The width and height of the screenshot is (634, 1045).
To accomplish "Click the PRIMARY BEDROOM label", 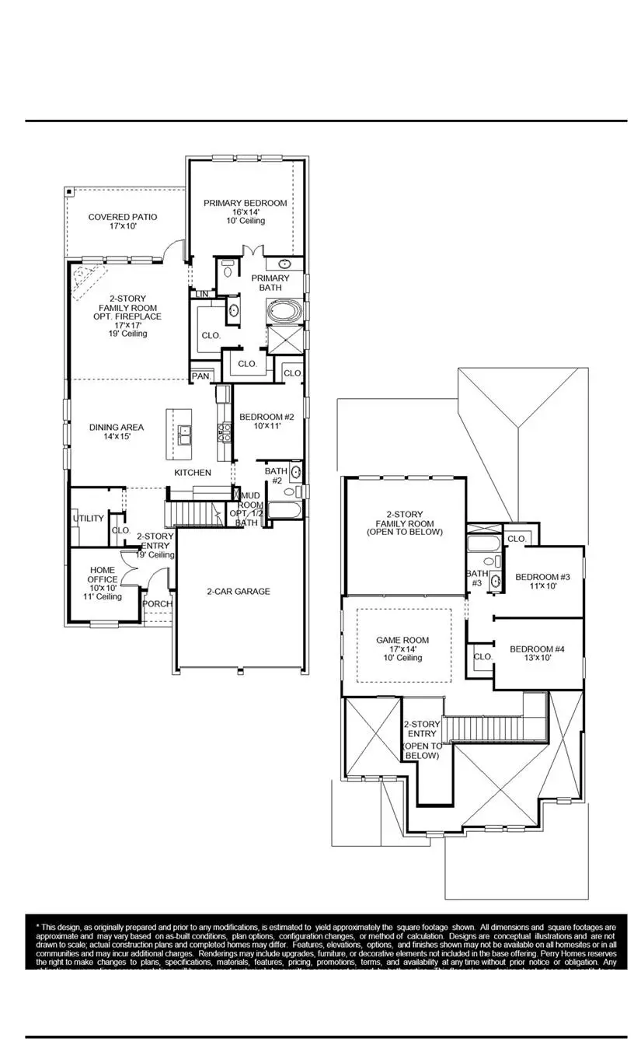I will [x=245, y=204].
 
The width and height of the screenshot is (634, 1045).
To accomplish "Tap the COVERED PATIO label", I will [x=123, y=218].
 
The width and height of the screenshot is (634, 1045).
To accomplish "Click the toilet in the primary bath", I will [x=228, y=269].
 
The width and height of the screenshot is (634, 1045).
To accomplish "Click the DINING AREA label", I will [x=117, y=427].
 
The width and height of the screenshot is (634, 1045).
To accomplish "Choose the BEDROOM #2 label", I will [x=266, y=417].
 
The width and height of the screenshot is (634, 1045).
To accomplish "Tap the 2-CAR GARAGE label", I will [x=239, y=592].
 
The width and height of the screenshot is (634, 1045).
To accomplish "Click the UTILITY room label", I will [x=88, y=519].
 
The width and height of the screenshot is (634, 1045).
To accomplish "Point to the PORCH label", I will [x=158, y=604].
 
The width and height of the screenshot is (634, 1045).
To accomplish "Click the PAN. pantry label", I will [x=200, y=376].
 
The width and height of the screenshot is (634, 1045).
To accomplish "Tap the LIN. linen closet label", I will [x=202, y=294].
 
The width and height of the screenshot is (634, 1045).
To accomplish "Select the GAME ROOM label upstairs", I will [x=402, y=641].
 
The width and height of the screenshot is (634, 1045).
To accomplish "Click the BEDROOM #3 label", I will [x=543, y=577].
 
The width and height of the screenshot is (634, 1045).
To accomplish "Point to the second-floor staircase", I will [x=482, y=729].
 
